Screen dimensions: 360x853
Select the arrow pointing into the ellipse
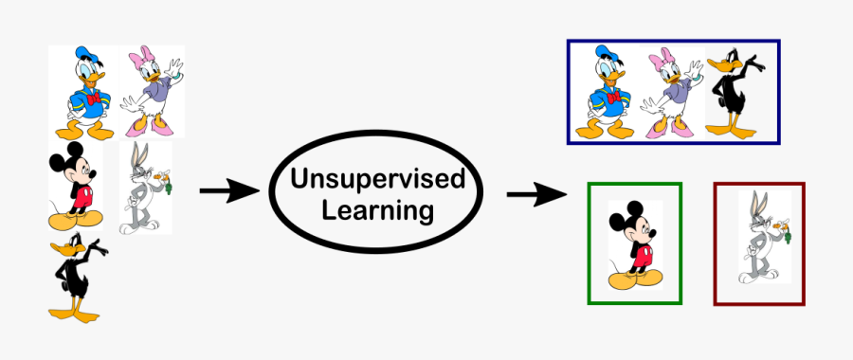pyautogui.click(x=228, y=191)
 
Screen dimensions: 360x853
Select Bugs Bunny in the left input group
pyautogui.click(x=142, y=188)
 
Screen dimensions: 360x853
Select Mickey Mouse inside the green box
pyautogui.click(x=633, y=244)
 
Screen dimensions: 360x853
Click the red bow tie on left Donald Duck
pyautogui.click(x=93, y=99)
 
